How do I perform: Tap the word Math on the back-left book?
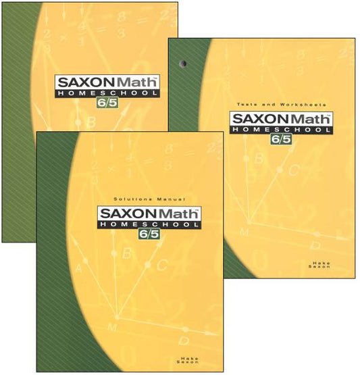pos(136,83)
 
